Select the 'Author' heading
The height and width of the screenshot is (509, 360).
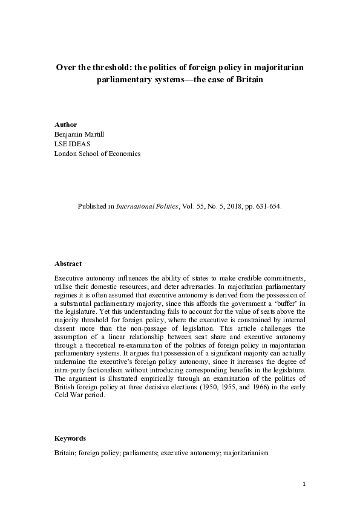(66, 125)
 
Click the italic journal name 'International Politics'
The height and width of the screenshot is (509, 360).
(151, 206)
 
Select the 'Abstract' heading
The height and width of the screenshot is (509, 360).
(68, 264)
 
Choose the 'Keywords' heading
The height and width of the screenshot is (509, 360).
(70, 438)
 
